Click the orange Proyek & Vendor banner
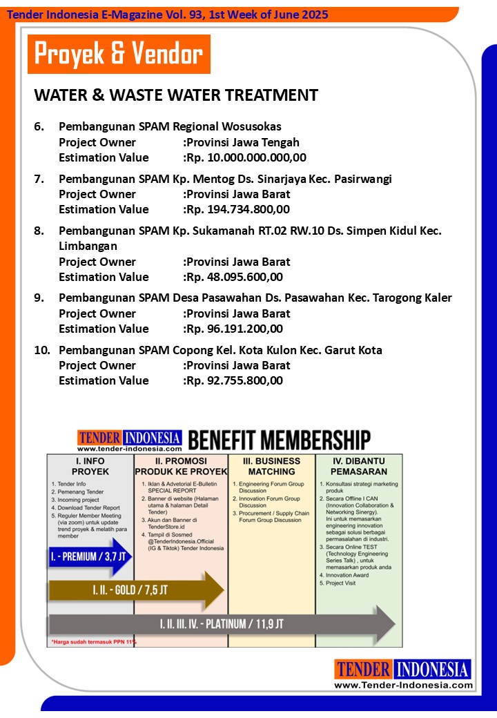point(119,54)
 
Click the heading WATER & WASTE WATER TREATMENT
point(176,95)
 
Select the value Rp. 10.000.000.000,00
point(246,157)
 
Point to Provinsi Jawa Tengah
point(242,142)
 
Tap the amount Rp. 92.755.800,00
point(234,380)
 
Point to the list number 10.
point(42,350)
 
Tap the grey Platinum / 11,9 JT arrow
point(221,624)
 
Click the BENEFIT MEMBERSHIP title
point(279,440)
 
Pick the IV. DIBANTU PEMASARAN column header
point(358,466)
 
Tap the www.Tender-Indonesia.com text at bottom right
point(403,685)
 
